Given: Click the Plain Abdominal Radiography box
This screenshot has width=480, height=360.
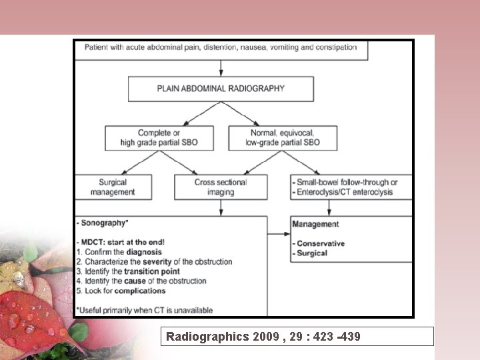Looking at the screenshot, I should [x=221, y=88].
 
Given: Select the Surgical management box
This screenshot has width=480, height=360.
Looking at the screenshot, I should [x=113, y=187].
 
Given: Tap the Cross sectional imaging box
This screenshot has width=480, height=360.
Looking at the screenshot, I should [x=220, y=187].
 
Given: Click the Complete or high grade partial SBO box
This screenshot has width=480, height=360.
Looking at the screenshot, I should [x=159, y=138].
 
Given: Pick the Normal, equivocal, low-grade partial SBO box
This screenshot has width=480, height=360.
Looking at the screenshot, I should [x=282, y=138].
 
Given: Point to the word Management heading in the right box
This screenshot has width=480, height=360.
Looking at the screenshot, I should [x=315, y=224].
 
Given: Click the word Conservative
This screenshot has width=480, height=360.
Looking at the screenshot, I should [x=321, y=243].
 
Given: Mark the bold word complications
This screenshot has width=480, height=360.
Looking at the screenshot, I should [x=139, y=291].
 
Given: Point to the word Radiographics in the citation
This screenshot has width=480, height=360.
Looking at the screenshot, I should [x=207, y=337].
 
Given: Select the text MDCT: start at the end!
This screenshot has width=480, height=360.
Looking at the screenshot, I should [x=120, y=243].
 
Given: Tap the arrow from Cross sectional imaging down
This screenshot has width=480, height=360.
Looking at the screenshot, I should [x=220, y=207].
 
